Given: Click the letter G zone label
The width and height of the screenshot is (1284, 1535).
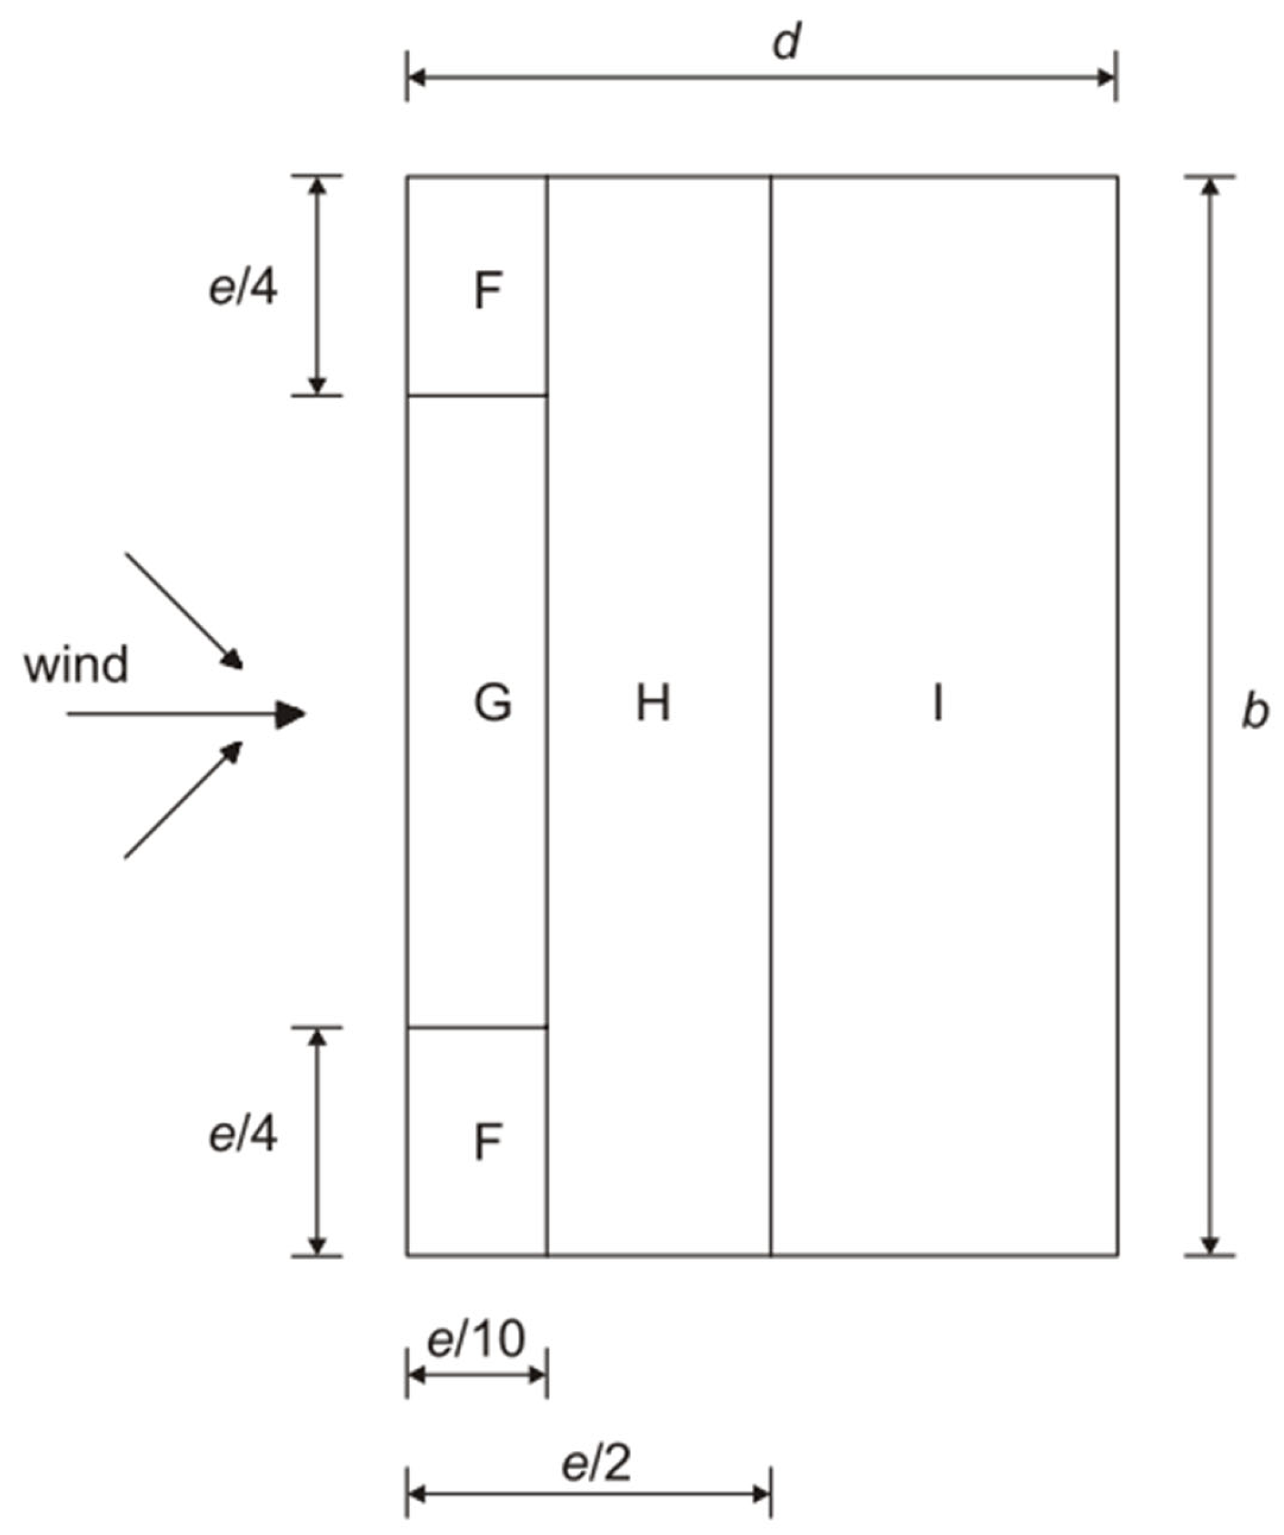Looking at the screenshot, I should [493, 704].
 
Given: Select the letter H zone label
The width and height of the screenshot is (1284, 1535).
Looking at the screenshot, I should [652, 704].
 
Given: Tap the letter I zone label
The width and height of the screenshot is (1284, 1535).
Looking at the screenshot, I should [938, 704].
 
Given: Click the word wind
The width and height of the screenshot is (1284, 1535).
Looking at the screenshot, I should [76, 664].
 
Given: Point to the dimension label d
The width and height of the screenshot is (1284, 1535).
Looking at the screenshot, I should [787, 42].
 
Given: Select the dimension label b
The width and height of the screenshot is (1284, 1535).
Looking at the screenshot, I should [1255, 711].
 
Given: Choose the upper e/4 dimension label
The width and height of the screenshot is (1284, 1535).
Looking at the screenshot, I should [244, 288].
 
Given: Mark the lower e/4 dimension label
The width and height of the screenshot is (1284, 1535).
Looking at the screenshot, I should [244, 1134].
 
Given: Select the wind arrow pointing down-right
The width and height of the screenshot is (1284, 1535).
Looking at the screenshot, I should [184, 610].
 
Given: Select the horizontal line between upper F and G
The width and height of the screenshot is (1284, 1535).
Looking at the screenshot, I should [477, 396].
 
